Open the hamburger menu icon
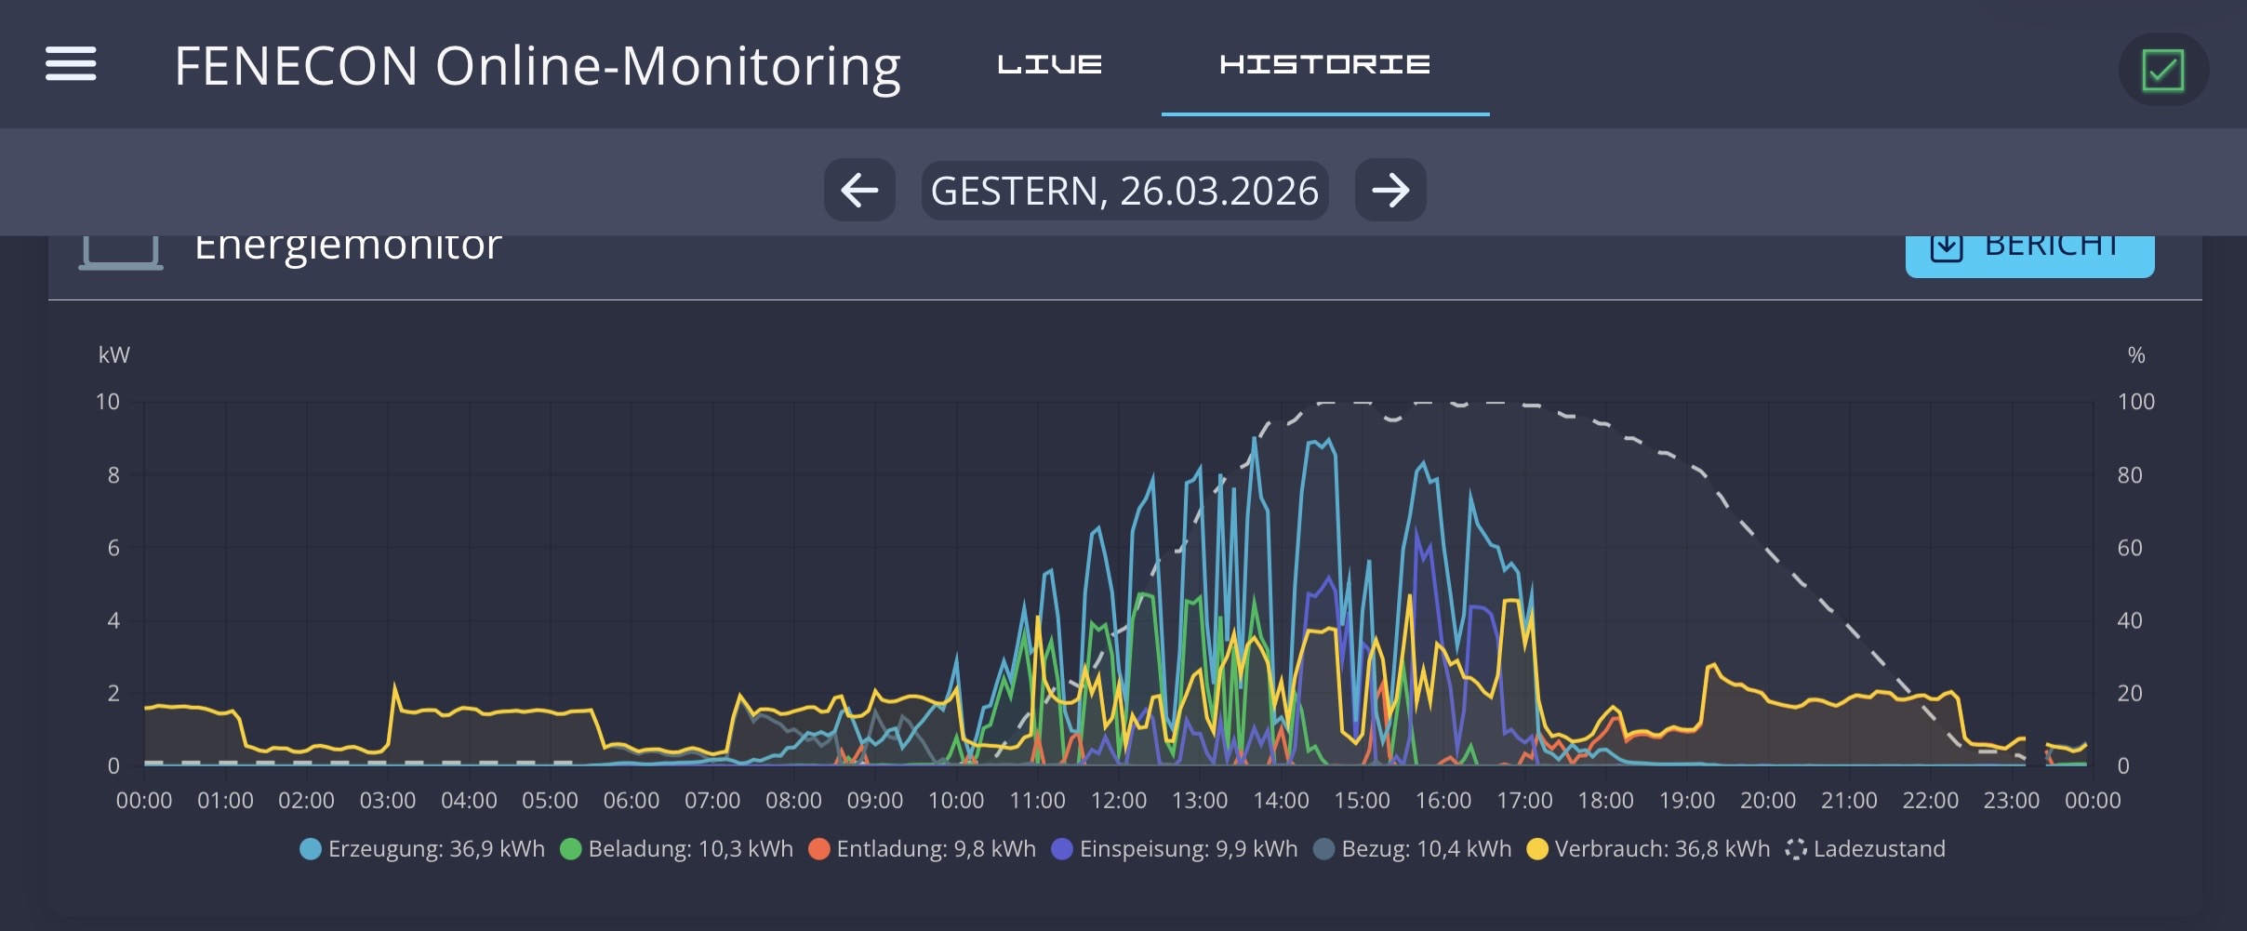coord(71,64)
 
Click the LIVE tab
coord(1049,64)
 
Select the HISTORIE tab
coord(1324,64)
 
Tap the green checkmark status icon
coord(2162,70)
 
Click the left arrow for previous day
coord(859,191)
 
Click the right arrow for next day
coord(1390,191)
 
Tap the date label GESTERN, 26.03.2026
coord(1124,191)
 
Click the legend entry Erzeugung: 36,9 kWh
coord(423,849)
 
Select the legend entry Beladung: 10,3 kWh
coord(677,849)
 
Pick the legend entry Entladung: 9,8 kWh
coord(923,849)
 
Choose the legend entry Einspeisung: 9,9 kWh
coord(1175,849)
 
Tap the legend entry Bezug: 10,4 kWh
coord(1413,849)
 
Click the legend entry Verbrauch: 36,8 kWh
coord(1649,849)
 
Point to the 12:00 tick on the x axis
coord(1118,801)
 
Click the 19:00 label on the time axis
coord(1686,801)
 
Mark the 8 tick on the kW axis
coord(113,475)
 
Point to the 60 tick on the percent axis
coord(2129,548)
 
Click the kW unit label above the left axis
coord(114,355)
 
